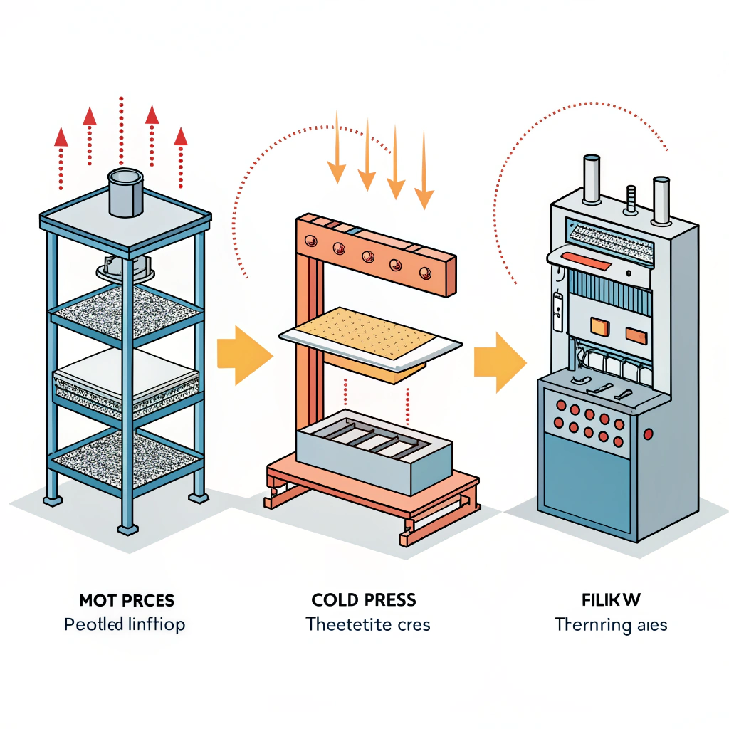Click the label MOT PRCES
(126, 600)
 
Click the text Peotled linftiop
(125, 625)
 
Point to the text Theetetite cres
(368, 625)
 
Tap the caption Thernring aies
(611, 626)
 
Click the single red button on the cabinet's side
(648, 433)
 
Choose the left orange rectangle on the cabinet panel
(597, 328)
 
